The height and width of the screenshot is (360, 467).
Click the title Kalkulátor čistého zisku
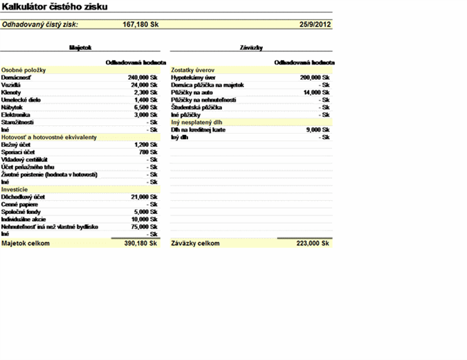coord(55,6)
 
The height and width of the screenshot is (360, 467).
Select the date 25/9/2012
coord(315,24)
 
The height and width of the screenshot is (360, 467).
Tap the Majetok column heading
coord(81,48)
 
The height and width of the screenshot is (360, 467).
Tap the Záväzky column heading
coord(250,48)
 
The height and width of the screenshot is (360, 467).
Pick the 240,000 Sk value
coord(144,78)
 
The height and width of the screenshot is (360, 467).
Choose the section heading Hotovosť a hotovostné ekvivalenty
coord(48,137)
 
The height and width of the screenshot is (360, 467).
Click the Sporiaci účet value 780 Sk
coord(149,152)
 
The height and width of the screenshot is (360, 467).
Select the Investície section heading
coord(15,189)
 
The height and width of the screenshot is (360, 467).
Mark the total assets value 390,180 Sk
coord(141,244)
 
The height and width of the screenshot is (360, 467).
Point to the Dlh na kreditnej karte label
coord(199,129)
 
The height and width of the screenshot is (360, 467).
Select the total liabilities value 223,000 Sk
coord(312,244)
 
